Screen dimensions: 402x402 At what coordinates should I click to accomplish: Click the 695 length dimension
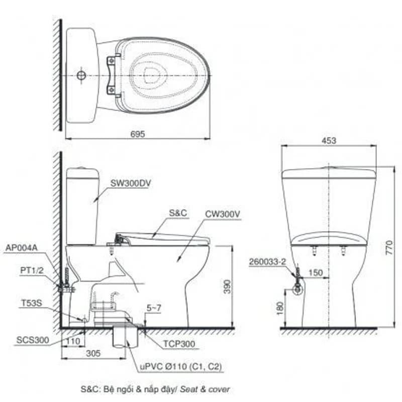[x=138, y=134]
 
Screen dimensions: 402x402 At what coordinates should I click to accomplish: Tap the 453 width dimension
[x=329, y=141]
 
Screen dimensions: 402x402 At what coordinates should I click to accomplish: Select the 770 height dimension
[x=389, y=247]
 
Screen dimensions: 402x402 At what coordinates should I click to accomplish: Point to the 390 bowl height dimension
[x=228, y=286]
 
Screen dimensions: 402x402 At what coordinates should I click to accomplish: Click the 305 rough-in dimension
[x=93, y=354]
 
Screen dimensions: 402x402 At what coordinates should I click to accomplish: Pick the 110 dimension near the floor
[x=73, y=341]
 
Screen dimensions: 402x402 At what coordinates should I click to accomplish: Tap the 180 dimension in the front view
[x=280, y=308]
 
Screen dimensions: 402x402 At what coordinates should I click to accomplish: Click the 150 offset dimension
[x=316, y=272]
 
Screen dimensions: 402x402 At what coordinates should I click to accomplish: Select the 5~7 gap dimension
[x=154, y=308]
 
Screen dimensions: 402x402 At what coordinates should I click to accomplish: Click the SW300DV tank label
[x=131, y=183]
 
